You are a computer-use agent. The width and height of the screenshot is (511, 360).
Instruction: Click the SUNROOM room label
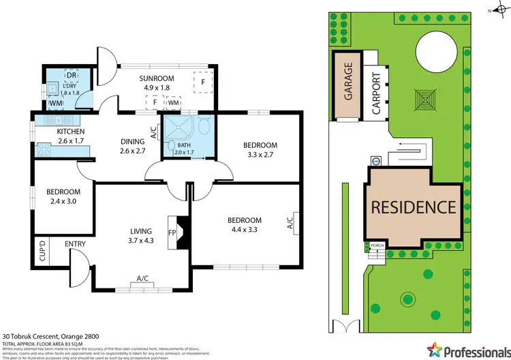pyautogui.click(x=157, y=78)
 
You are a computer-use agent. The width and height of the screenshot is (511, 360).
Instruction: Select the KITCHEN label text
pyautogui.click(x=70, y=131)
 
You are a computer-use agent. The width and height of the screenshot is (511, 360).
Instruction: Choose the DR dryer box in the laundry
pyautogui.click(x=71, y=76)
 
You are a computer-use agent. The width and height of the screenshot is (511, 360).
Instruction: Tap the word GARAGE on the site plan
pyautogui.click(x=348, y=81)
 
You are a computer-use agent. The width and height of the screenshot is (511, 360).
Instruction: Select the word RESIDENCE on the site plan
pyautogui.click(x=413, y=207)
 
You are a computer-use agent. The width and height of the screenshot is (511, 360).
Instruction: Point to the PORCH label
pyautogui.click(x=376, y=246)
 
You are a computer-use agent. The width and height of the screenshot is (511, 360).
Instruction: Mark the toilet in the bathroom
pyautogui.click(x=202, y=125)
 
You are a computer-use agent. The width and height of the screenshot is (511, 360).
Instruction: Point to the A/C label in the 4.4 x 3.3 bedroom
pyautogui.click(x=290, y=221)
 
